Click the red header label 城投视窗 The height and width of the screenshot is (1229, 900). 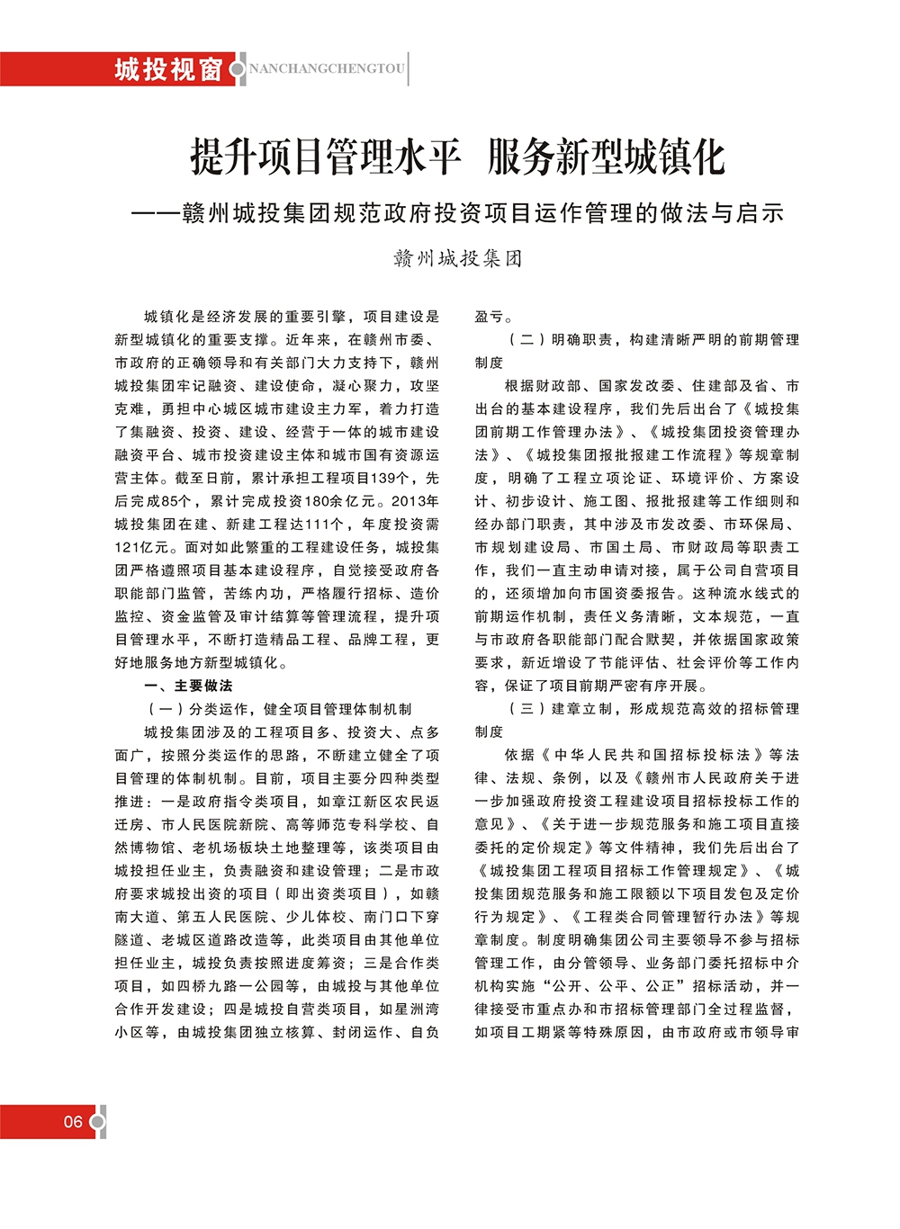(x=167, y=69)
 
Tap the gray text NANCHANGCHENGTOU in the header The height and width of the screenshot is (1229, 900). (x=327, y=69)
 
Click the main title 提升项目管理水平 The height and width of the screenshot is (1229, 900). (x=326, y=157)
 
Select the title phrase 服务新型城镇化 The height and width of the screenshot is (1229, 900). (x=606, y=157)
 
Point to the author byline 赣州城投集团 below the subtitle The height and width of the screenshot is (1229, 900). (x=457, y=259)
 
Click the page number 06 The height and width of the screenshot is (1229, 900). (x=73, y=1122)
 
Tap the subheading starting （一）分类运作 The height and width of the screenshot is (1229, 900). (x=279, y=709)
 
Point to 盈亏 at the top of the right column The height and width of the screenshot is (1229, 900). (x=493, y=317)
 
